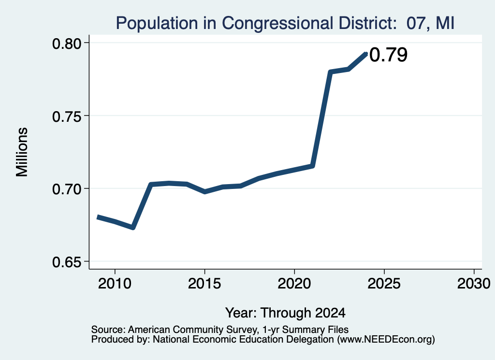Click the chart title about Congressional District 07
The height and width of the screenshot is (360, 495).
285,23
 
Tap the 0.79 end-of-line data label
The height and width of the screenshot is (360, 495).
388,55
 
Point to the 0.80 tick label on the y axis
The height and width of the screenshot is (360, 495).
66,43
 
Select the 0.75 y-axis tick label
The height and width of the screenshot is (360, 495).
66,116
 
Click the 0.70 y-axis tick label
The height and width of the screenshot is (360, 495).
66,189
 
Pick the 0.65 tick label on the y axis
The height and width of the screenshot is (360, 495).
66,262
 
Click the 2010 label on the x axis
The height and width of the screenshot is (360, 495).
115,283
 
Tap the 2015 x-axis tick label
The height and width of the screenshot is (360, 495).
204,283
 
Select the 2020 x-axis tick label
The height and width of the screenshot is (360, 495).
294,283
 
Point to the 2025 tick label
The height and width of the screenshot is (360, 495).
384,283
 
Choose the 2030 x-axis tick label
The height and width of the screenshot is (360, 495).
474,283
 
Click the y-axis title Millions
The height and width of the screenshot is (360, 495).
22,152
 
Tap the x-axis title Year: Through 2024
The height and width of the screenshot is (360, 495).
285,313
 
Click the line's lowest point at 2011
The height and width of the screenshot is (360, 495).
133,228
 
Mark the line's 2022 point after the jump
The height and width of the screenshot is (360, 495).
330,72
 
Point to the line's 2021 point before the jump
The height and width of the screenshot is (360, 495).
312,166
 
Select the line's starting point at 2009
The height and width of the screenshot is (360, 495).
98,217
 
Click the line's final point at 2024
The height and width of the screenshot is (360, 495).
366,54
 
